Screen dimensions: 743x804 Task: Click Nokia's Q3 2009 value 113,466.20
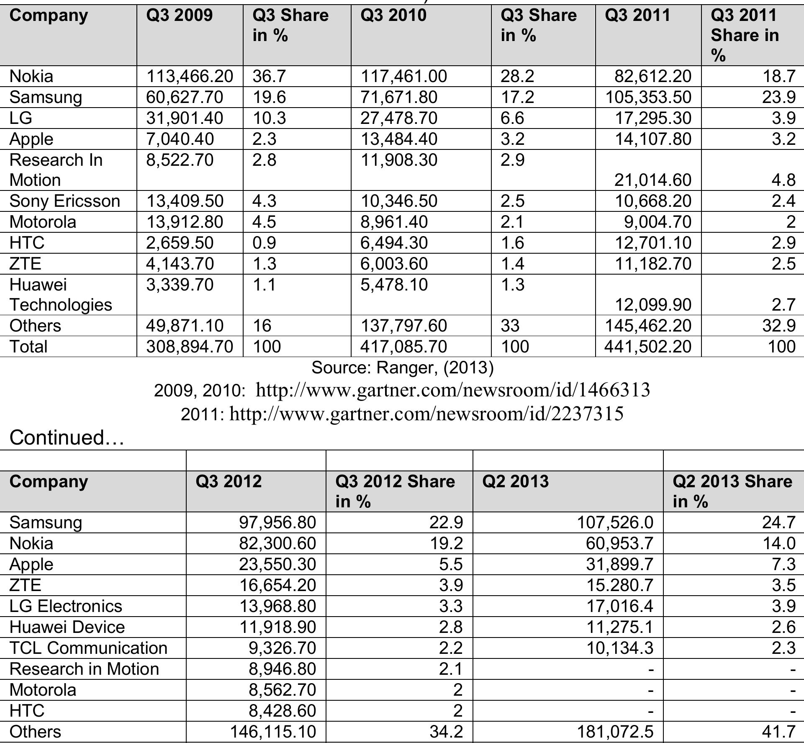tap(189, 76)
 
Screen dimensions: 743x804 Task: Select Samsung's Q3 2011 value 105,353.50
tap(648, 97)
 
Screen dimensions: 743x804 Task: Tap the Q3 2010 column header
tap(393, 15)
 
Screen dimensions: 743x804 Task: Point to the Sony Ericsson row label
tap(64, 201)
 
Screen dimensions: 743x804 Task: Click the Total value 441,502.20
tap(648, 347)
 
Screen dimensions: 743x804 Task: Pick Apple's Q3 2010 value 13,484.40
tap(398, 139)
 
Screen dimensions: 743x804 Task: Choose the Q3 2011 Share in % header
tap(745, 35)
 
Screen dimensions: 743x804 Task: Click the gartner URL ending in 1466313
tap(452, 390)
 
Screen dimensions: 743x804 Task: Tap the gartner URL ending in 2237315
tap(426, 414)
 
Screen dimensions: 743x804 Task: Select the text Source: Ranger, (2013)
tap(403, 368)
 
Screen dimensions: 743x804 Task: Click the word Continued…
tap(67, 437)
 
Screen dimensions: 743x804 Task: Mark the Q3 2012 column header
tap(229, 481)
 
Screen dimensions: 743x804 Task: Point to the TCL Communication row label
tap(88, 648)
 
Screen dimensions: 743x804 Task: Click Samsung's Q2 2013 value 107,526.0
tap(615, 522)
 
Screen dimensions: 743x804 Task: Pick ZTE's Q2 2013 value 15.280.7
tap(619, 585)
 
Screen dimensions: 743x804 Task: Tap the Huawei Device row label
tap(67, 627)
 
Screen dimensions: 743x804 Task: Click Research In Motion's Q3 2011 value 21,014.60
tap(652, 180)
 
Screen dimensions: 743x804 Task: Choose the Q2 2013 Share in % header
tap(732, 491)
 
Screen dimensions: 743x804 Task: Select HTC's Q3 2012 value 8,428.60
tap(282, 711)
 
